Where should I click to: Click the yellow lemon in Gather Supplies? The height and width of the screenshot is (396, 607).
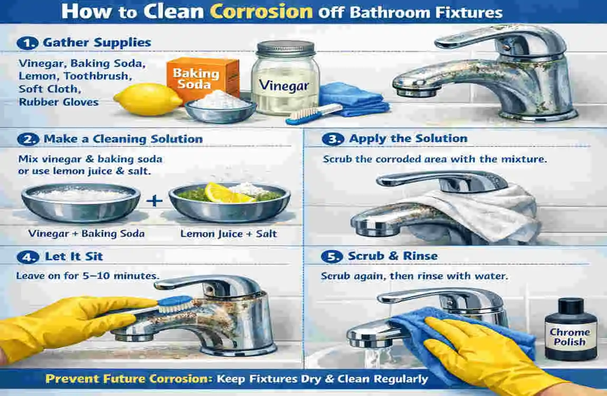tap(140, 99)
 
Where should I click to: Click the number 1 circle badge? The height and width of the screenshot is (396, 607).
tap(24, 43)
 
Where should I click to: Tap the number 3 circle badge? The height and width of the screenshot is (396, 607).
tap(331, 139)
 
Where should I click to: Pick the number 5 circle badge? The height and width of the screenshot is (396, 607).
tap(331, 257)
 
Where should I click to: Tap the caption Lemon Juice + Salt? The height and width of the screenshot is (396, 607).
tap(229, 234)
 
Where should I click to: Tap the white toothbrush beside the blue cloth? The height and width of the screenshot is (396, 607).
tap(314, 114)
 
